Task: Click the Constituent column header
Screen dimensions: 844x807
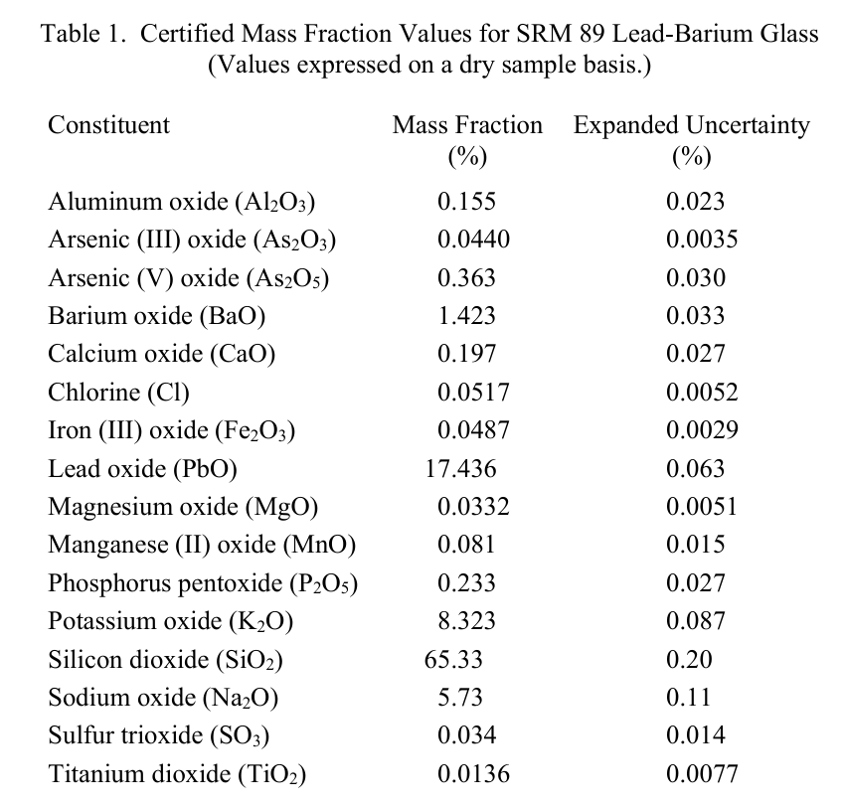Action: point(108,125)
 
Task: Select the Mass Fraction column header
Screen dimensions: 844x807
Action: point(467,140)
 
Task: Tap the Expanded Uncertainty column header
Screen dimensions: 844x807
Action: point(692,140)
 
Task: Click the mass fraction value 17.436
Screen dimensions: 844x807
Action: point(460,469)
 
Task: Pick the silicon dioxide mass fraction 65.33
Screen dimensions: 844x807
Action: point(453,660)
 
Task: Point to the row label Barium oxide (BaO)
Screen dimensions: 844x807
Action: point(157,316)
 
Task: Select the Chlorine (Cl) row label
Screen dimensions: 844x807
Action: point(118,393)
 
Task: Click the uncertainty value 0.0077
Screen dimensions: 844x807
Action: point(702,773)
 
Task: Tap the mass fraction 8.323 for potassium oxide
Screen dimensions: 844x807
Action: point(466,621)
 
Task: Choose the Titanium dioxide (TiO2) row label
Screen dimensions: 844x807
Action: point(177,774)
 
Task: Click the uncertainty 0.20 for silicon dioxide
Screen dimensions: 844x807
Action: point(689,660)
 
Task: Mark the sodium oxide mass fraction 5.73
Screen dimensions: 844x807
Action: point(460,698)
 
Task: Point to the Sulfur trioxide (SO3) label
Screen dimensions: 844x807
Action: point(159,735)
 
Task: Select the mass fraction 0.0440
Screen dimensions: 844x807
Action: point(473,240)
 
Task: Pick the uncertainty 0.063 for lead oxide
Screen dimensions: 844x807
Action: point(696,469)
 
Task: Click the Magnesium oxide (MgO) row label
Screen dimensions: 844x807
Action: point(183,507)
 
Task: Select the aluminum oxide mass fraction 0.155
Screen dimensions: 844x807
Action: point(466,202)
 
